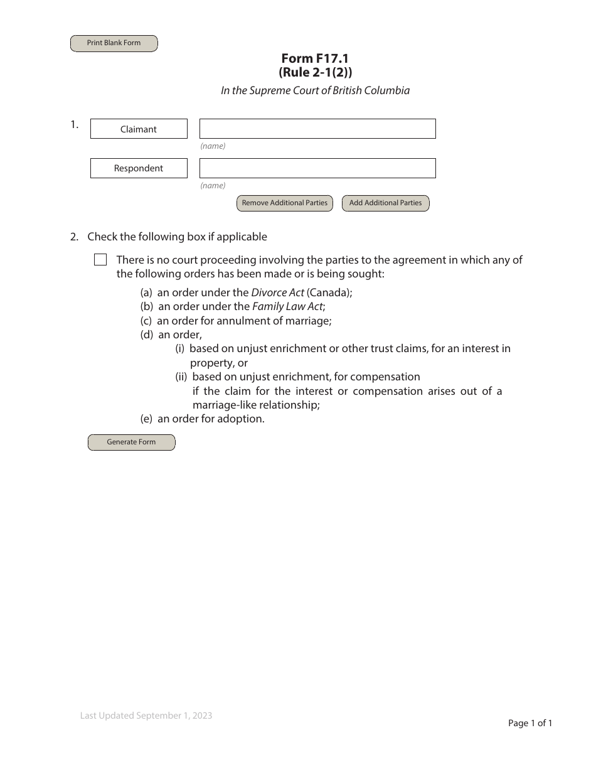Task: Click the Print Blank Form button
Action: pyautogui.click(x=114, y=43)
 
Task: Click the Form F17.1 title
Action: pyautogui.click(x=315, y=58)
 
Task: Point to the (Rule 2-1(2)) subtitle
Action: pyautogui.click(x=315, y=72)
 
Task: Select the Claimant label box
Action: pyautogui.click(x=139, y=129)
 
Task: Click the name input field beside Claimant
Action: pyautogui.click(x=317, y=129)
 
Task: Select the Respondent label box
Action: pyautogui.click(x=139, y=168)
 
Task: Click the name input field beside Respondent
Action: pyautogui.click(x=317, y=168)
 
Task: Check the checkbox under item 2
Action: pyautogui.click(x=100, y=260)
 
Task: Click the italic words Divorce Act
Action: pyautogui.click(x=278, y=292)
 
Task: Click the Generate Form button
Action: pyautogui.click(x=131, y=442)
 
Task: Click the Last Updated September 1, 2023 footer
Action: pyautogui.click(x=146, y=716)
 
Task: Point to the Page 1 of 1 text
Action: pyautogui.click(x=529, y=723)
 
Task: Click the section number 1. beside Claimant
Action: pyautogui.click(x=74, y=124)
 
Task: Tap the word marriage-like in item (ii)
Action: pyautogui.click(x=223, y=405)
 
